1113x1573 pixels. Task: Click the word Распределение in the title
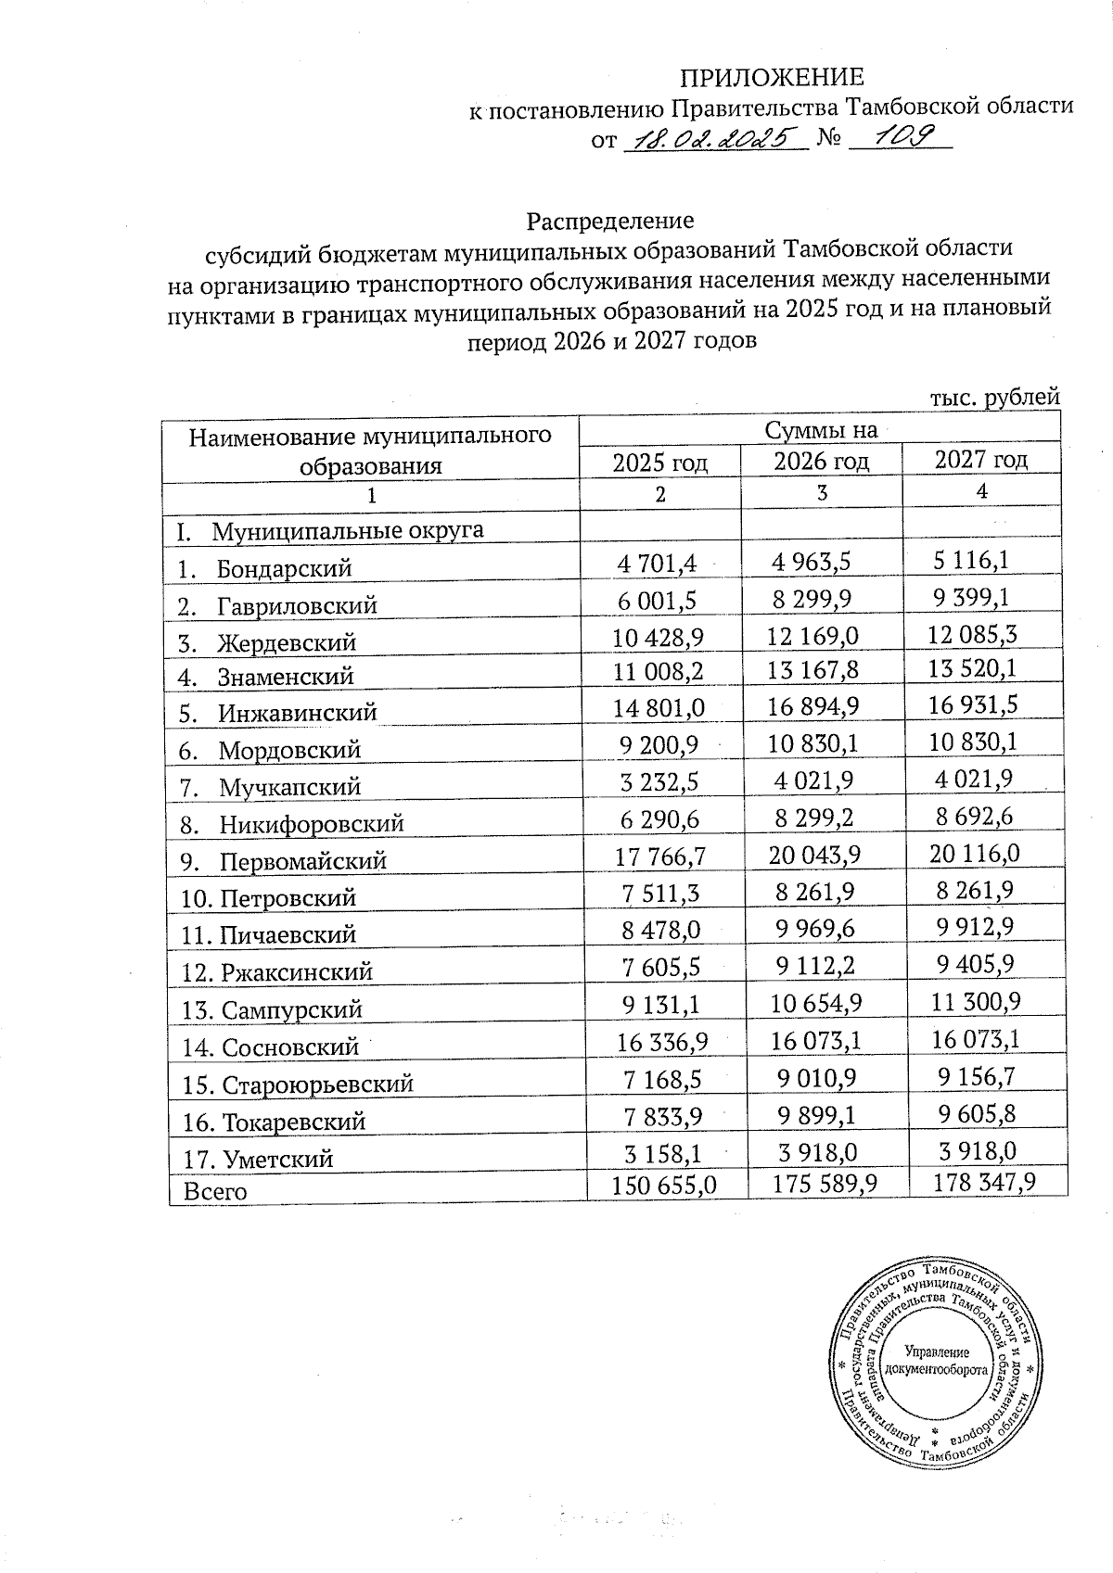(610, 222)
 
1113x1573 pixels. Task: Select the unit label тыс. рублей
(993, 397)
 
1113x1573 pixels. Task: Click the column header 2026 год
(821, 461)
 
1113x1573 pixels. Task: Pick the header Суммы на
(821, 430)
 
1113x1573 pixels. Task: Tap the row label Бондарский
(284, 568)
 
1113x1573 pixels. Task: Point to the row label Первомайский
(302, 861)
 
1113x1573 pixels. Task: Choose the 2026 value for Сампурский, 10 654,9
(816, 1004)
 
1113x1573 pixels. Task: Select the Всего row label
(215, 1191)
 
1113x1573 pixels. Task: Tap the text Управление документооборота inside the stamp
(936, 1361)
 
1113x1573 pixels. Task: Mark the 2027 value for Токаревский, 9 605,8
(976, 1114)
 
